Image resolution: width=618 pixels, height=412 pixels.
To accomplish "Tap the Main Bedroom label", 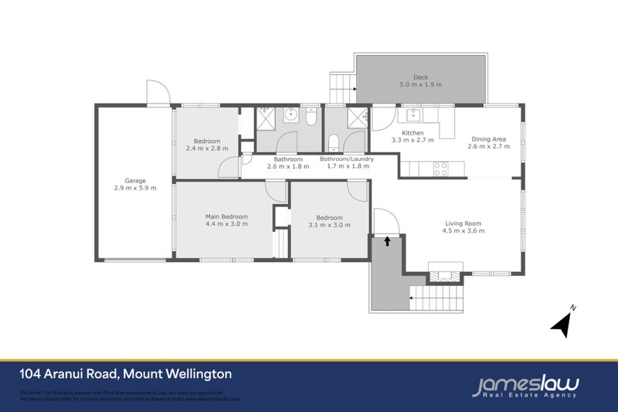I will [226, 216].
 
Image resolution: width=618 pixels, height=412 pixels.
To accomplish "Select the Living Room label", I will [462, 224].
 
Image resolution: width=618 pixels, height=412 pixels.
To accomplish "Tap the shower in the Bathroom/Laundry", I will [356, 117].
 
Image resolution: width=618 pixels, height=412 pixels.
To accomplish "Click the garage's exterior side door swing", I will [158, 94].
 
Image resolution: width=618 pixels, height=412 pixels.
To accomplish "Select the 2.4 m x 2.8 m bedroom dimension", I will [207, 148].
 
